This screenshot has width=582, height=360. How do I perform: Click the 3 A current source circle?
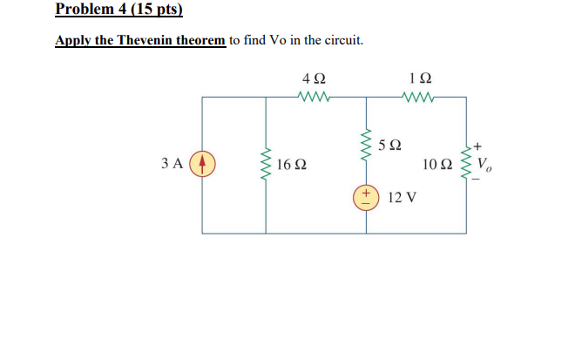click(x=202, y=163)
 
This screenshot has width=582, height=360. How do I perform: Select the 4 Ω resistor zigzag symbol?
click(x=311, y=96)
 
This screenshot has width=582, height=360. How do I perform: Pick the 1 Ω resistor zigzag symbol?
click(x=419, y=96)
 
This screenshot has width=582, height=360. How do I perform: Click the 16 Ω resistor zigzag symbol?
click(x=266, y=163)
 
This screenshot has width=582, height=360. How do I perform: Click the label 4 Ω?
click(x=311, y=78)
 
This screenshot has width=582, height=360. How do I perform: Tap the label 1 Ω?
click(x=419, y=78)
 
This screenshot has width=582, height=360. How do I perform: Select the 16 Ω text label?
click(x=291, y=164)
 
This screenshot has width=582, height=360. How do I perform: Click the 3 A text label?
click(x=173, y=163)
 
